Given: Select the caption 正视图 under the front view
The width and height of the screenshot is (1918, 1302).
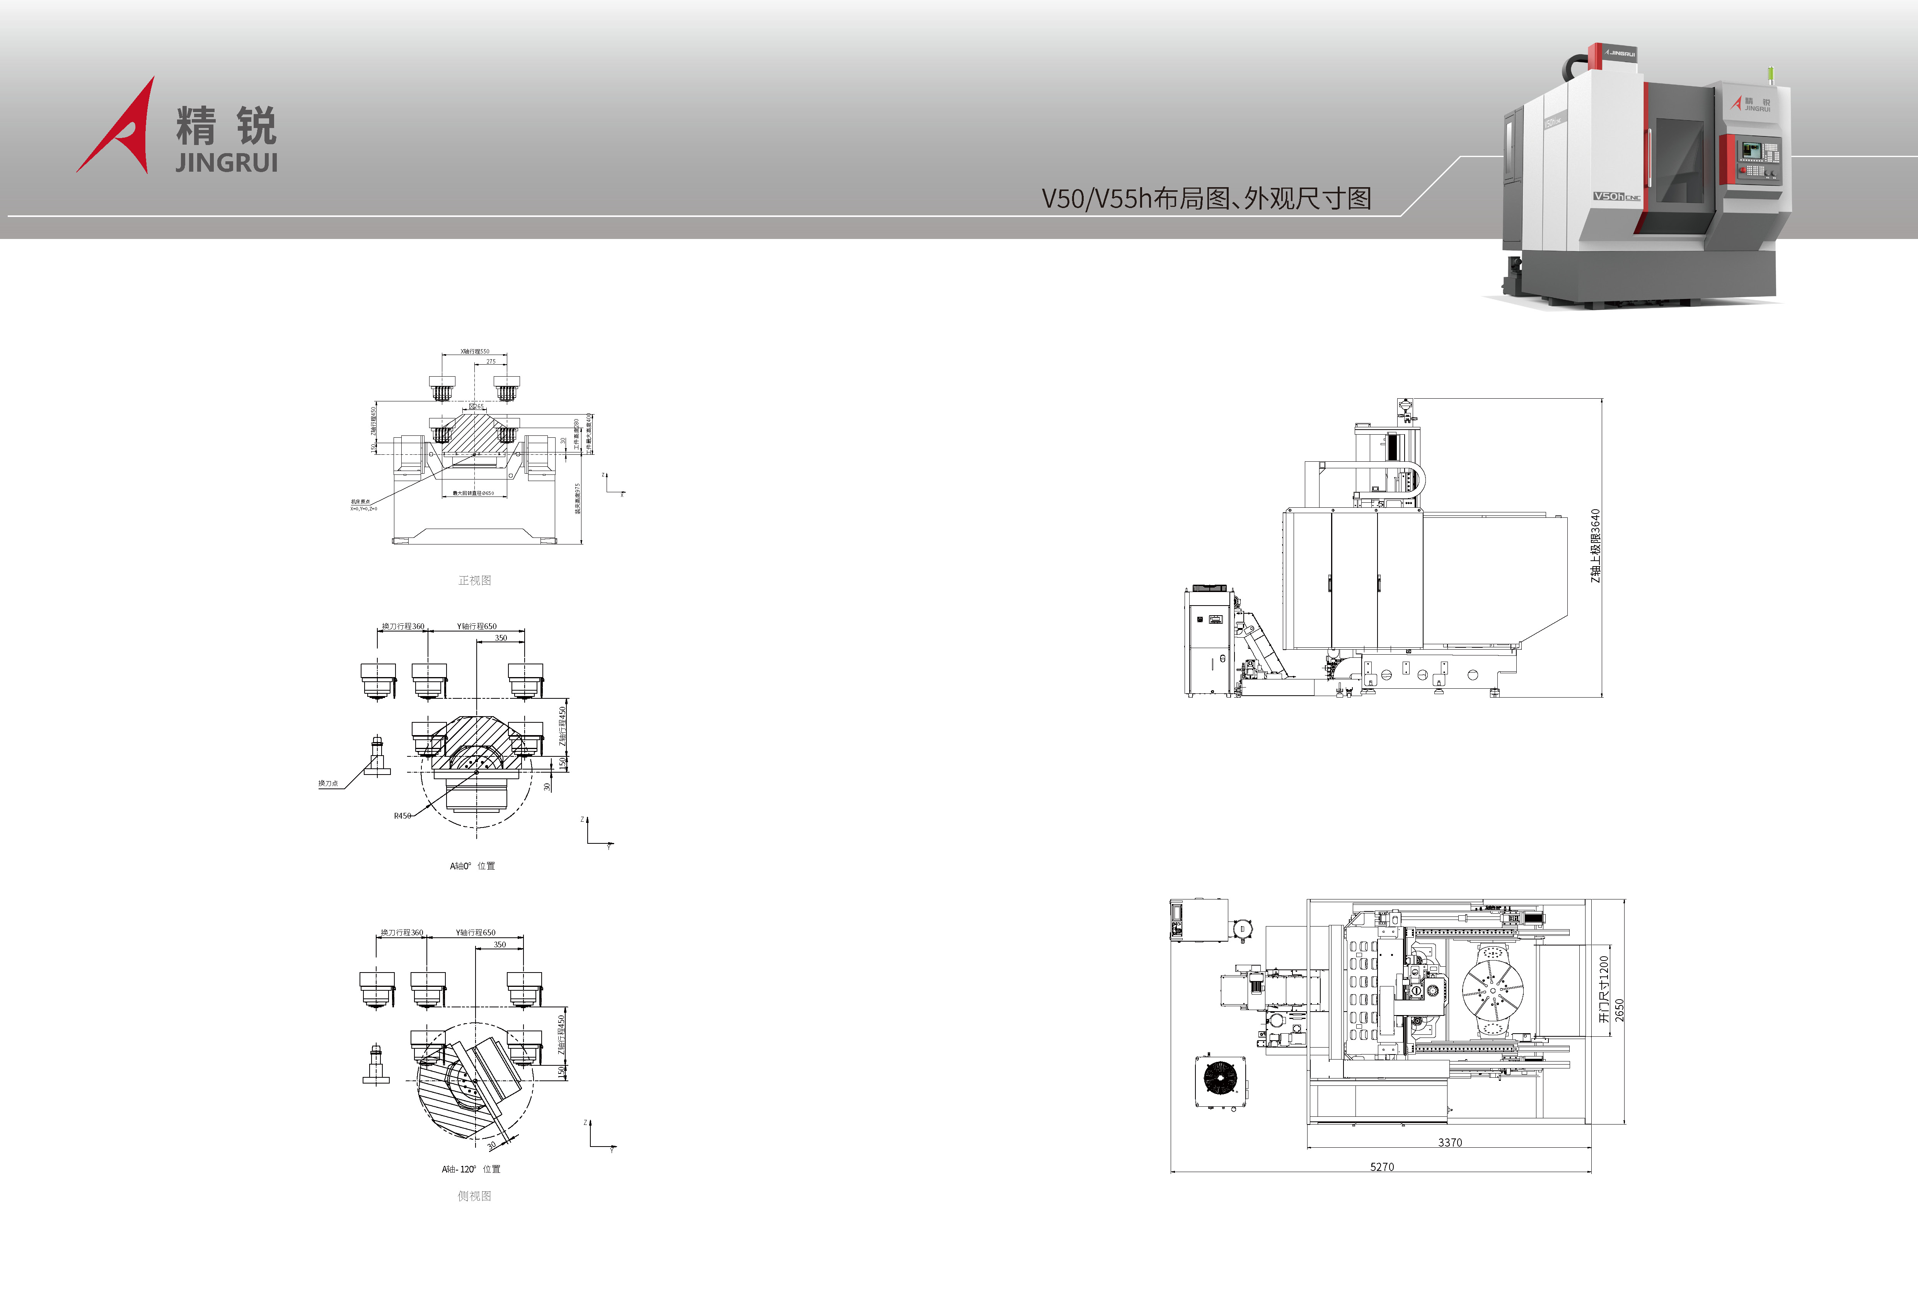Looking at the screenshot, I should pos(474,580).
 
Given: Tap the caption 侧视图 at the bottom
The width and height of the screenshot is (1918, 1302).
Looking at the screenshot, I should pos(474,1196).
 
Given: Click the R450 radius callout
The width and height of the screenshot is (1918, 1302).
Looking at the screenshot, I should pos(402,816).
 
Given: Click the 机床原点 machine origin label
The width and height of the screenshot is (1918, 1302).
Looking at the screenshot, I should pos(361,501).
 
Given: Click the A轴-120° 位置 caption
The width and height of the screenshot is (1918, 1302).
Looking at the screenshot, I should pos(471,1169).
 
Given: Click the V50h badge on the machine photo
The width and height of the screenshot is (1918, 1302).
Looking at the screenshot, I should pos(1609,196).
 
